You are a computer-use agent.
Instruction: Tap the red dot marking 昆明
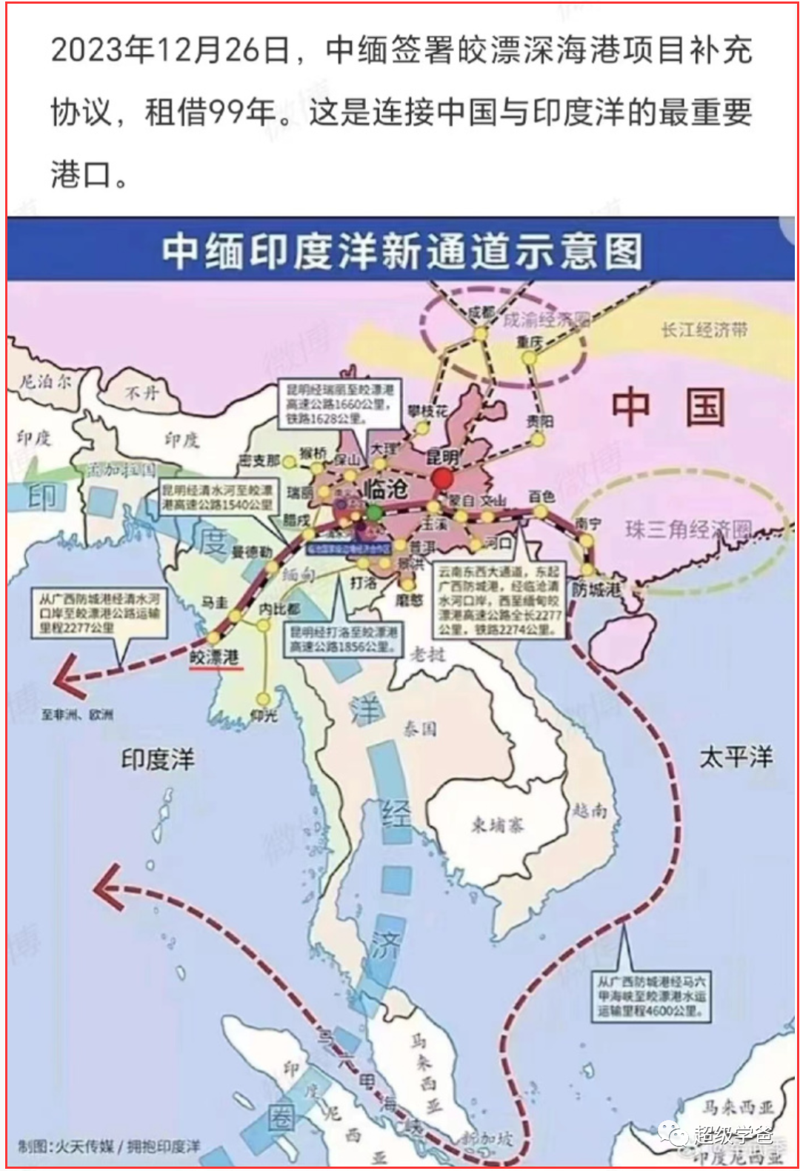click(442, 478)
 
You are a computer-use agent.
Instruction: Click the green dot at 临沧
click(375, 512)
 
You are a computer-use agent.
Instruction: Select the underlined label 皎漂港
click(215, 657)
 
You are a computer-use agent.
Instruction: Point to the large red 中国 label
click(667, 407)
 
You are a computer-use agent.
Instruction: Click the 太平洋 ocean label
click(736, 757)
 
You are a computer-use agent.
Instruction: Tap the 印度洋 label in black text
click(157, 759)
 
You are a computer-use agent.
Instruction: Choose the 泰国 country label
click(419, 729)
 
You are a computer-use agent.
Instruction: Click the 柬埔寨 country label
click(498, 824)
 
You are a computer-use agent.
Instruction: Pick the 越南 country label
click(590, 810)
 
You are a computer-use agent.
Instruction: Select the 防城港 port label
click(596, 590)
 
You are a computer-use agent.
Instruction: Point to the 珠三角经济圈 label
click(688, 529)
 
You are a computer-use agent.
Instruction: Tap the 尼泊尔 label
click(45, 381)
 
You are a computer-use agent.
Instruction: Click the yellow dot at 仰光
click(264, 698)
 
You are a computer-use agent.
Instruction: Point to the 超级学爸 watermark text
click(733, 1135)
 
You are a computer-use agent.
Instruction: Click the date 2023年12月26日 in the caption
click(170, 50)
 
